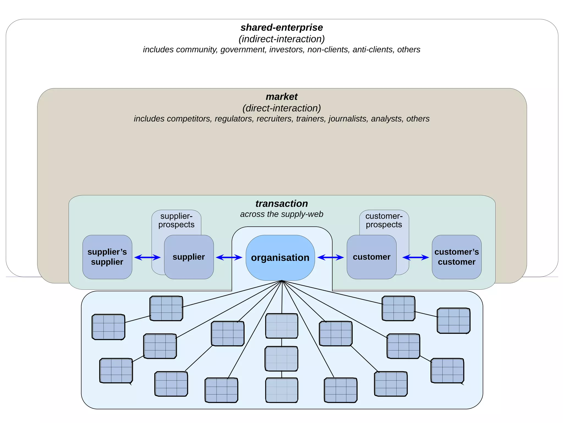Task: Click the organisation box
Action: tap(280, 258)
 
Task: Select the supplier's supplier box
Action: tap(107, 257)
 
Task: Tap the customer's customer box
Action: tap(456, 257)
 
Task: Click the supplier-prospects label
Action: tap(176, 220)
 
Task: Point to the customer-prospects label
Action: tap(384, 220)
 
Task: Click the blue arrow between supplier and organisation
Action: tap(229, 257)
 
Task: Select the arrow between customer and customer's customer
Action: tap(415, 257)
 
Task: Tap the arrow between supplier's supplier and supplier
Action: tap(147, 257)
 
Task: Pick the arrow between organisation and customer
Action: tap(330, 257)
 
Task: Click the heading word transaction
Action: tap(281, 204)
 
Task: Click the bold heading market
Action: tap(281, 97)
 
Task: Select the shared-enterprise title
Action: tap(281, 28)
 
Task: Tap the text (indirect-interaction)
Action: tap(281, 39)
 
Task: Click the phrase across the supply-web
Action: tap(281, 214)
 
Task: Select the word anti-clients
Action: tap(373, 50)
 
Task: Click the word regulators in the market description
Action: tap(233, 119)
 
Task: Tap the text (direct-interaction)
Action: tap(281, 108)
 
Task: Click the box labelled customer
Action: tap(371, 257)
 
